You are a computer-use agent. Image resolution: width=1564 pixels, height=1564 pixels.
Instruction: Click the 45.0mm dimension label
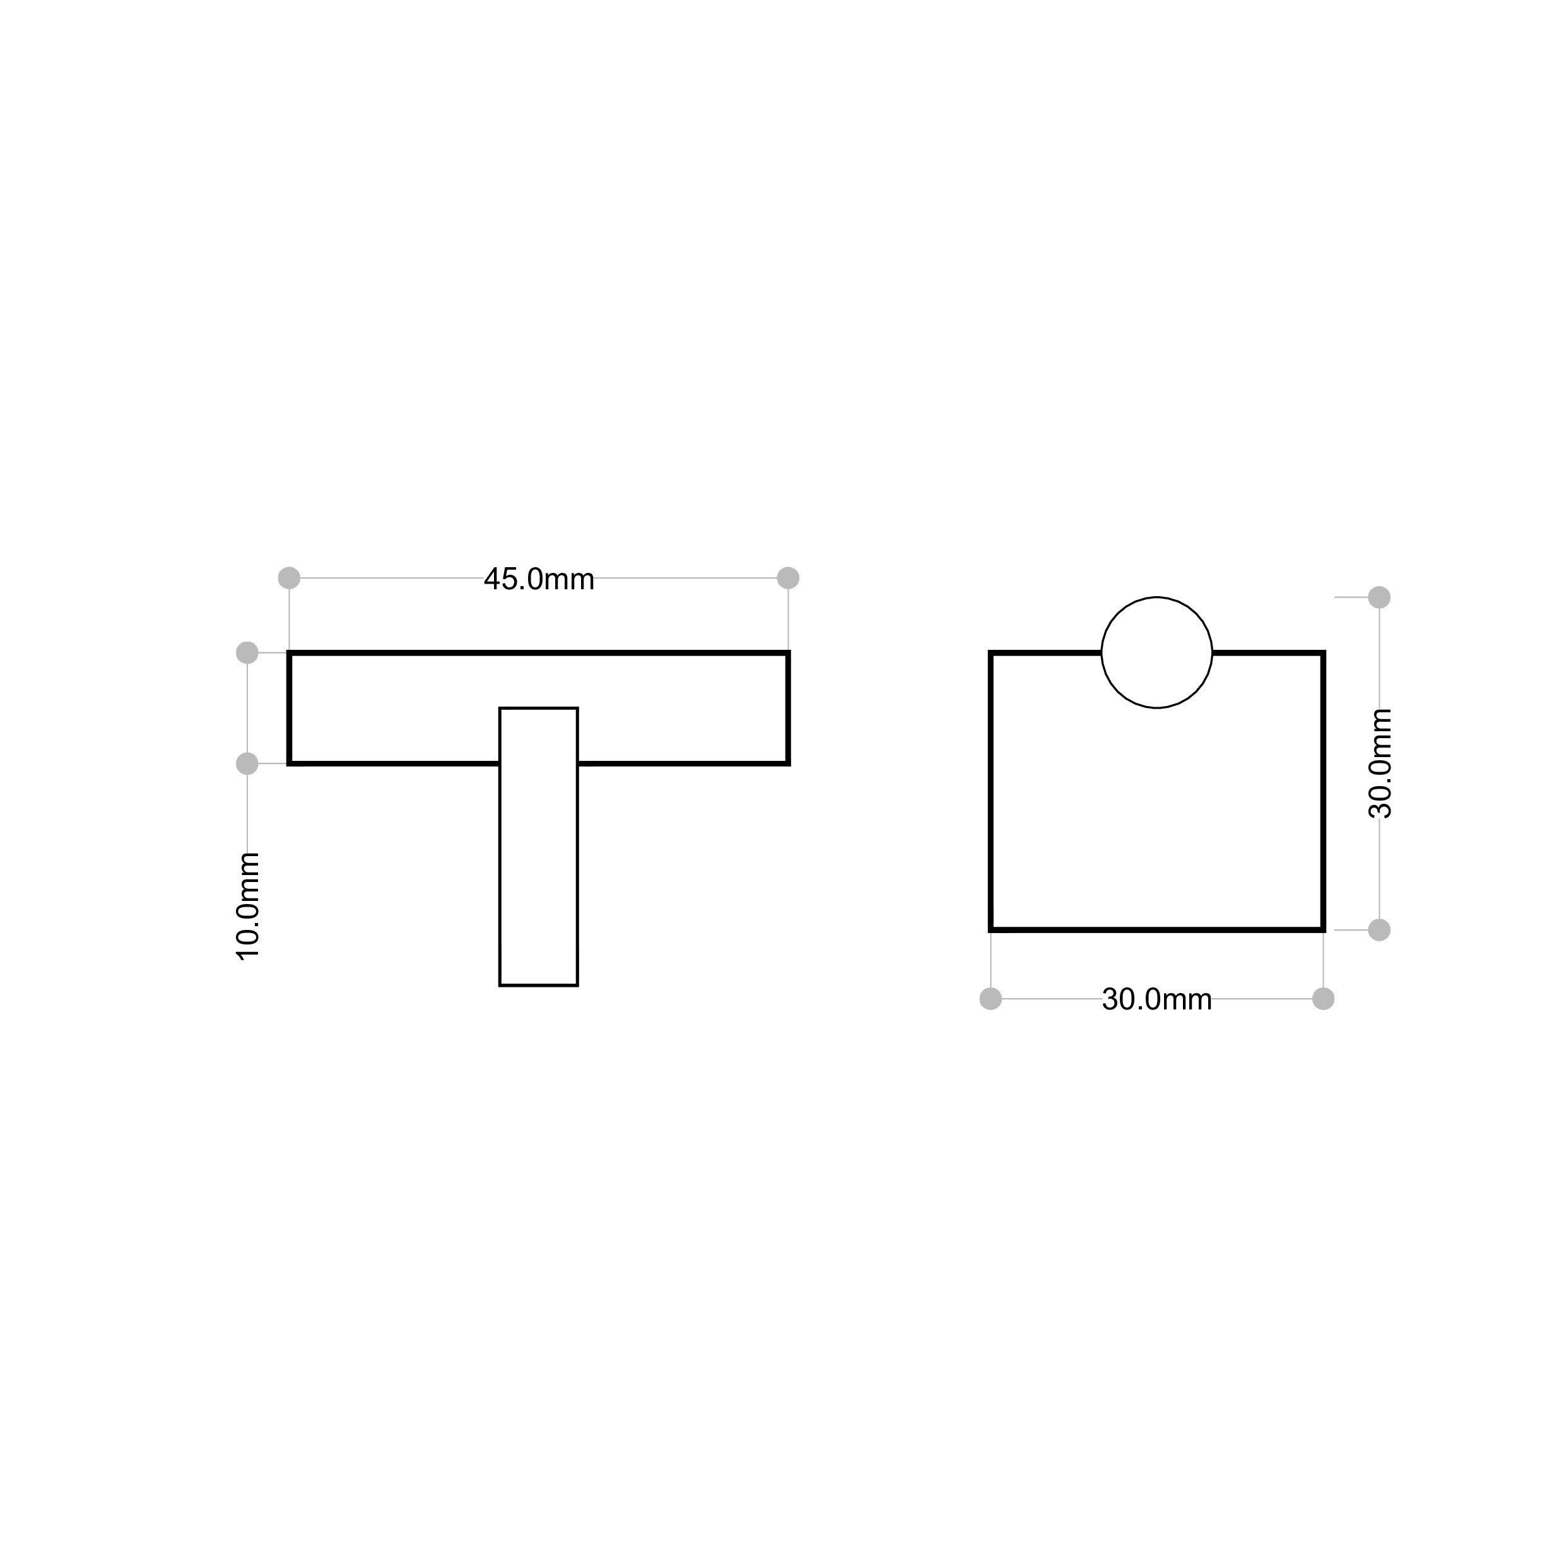point(539,580)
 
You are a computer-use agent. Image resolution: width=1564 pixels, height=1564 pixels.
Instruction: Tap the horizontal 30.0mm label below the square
point(1157,1000)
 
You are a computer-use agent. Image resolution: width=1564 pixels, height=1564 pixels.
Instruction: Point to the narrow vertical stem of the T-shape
point(538,847)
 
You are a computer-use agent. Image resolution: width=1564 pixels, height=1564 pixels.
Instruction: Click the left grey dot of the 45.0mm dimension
point(289,578)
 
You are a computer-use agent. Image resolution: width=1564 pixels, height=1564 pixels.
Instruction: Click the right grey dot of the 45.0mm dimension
point(789,578)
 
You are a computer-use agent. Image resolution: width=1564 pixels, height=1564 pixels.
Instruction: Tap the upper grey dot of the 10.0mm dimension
point(247,652)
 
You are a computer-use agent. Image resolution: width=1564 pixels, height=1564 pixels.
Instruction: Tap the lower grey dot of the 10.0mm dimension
point(247,763)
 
